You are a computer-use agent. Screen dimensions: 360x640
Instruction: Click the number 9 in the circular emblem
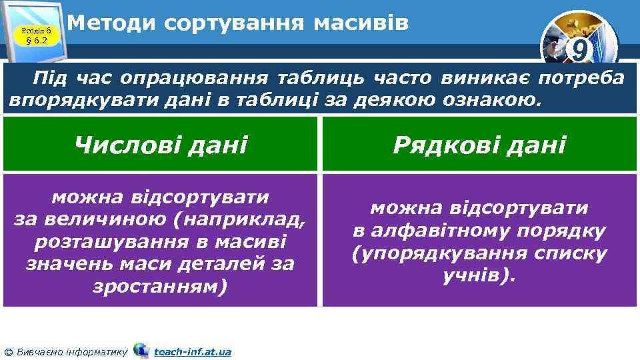click(x=580, y=50)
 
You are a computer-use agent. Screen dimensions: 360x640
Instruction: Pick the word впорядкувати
click(x=67, y=101)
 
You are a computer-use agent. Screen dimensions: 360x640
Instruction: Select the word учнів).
click(x=479, y=275)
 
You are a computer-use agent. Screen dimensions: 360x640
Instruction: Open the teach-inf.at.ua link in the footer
click(x=192, y=351)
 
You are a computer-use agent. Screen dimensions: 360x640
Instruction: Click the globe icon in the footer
click(x=141, y=350)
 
